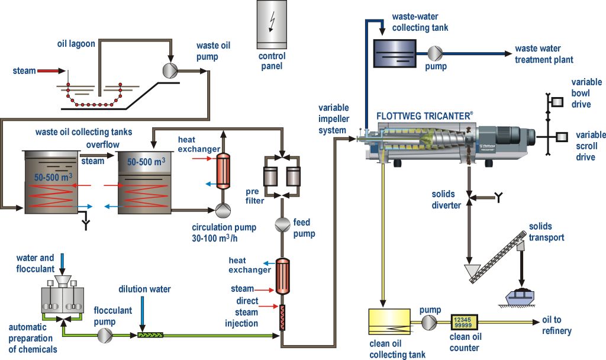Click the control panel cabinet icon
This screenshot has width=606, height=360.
pos(272,24)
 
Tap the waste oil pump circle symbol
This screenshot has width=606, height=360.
pos(170,70)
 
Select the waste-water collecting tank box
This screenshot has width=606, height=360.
pos(395,53)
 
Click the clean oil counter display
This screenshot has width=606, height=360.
pos(464,322)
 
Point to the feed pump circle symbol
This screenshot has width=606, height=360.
pos(282,224)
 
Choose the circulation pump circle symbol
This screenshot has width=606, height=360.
pos(223,210)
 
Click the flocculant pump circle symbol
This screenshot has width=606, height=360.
pos(104,335)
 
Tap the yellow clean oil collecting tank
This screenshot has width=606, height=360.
pos(389,322)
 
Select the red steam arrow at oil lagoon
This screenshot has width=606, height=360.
pos(51,71)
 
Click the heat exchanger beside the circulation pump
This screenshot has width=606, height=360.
pos(223,171)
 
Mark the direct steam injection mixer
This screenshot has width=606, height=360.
pos(282,317)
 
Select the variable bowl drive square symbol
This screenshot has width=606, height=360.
pos(557,102)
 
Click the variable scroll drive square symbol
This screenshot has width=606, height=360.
pos(562,137)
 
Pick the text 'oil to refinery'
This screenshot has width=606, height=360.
pos(556,325)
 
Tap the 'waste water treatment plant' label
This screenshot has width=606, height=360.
pos(544,54)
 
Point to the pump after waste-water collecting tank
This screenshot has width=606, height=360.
pos(435,53)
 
